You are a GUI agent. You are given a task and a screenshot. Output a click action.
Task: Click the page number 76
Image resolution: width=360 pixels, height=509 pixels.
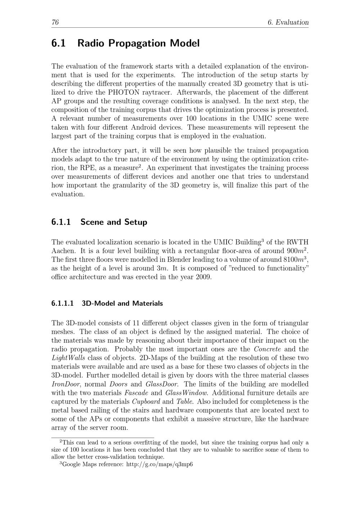coord(55,22)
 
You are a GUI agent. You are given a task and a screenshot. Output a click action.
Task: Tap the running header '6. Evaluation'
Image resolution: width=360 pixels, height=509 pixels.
coord(288,22)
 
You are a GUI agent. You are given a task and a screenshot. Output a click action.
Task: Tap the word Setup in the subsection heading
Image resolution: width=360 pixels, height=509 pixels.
coord(136,222)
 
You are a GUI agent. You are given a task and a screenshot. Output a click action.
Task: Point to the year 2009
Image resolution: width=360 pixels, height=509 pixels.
coord(204,278)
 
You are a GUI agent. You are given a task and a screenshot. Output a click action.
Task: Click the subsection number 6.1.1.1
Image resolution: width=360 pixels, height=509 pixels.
coord(63,303)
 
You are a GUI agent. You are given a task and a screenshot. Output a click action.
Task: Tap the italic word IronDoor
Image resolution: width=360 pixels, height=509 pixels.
coord(66,384)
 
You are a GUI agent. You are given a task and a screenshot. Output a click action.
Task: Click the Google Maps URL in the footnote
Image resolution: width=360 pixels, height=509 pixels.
coord(159,465)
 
